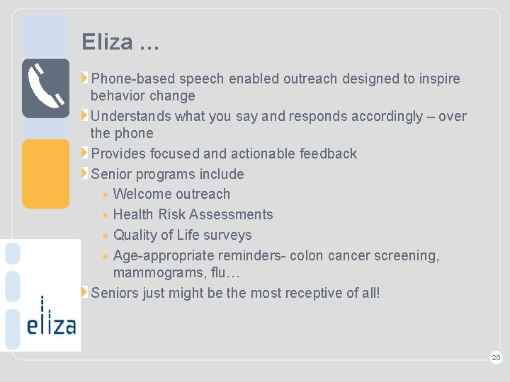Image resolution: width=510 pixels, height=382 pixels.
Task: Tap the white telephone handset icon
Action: tap(45, 88)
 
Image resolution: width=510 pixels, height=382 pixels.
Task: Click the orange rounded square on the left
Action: tap(45, 173)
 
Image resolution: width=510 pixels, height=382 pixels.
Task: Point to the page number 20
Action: tap(496, 358)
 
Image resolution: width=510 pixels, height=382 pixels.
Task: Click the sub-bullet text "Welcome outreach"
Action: tap(171, 194)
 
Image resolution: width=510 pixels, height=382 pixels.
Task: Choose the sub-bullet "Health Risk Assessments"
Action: tap(193, 214)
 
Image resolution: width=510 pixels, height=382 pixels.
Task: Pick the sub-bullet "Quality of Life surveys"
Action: tap(182, 235)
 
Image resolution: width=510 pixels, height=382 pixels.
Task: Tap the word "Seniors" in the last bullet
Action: tap(115, 293)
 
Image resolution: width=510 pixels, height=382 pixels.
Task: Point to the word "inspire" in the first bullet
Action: tap(438, 79)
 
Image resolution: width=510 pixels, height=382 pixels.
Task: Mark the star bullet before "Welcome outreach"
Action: tap(104, 195)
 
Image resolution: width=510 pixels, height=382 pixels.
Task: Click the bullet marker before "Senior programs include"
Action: tap(85, 174)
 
